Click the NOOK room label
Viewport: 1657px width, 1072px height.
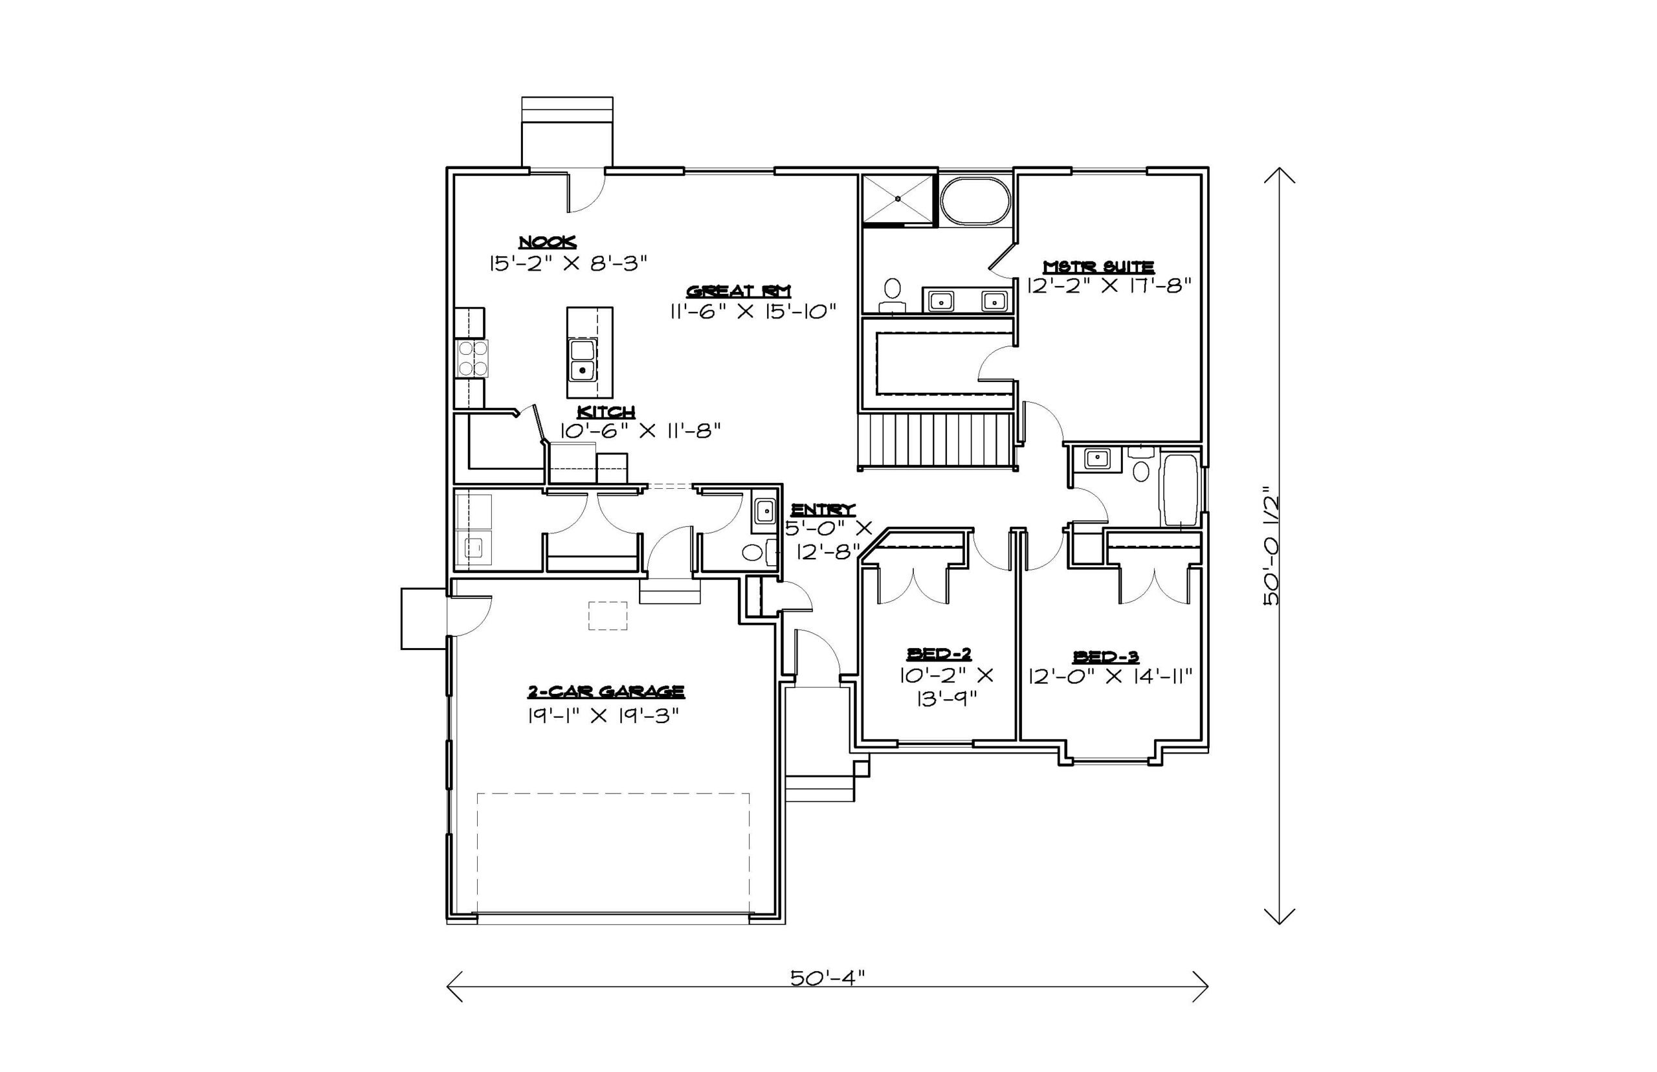tap(547, 242)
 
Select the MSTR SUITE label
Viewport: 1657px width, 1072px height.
tap(1099, 267)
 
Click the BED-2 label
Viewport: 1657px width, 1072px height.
tap(939, 654)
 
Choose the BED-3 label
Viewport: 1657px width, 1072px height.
tap(1106, 656)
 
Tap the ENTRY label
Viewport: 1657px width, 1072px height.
tap(823, 509)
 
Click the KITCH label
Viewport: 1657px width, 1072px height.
tap(606, 412)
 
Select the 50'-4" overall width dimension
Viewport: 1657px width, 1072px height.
tap(827, 977)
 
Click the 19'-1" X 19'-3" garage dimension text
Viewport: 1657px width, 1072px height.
tap(603, 715)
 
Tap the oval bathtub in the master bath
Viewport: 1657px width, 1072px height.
tap(975, 201)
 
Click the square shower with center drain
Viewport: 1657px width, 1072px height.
tap(898, 200)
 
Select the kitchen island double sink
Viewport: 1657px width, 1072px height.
tap(582, 360)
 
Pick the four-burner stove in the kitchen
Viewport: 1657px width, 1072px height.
tap(472, 359)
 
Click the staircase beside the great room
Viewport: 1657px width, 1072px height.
tap(936, 441)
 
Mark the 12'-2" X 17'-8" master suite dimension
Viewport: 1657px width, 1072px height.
tap(1109, 285)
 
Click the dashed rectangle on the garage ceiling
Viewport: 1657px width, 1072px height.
tap(608, 616)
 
